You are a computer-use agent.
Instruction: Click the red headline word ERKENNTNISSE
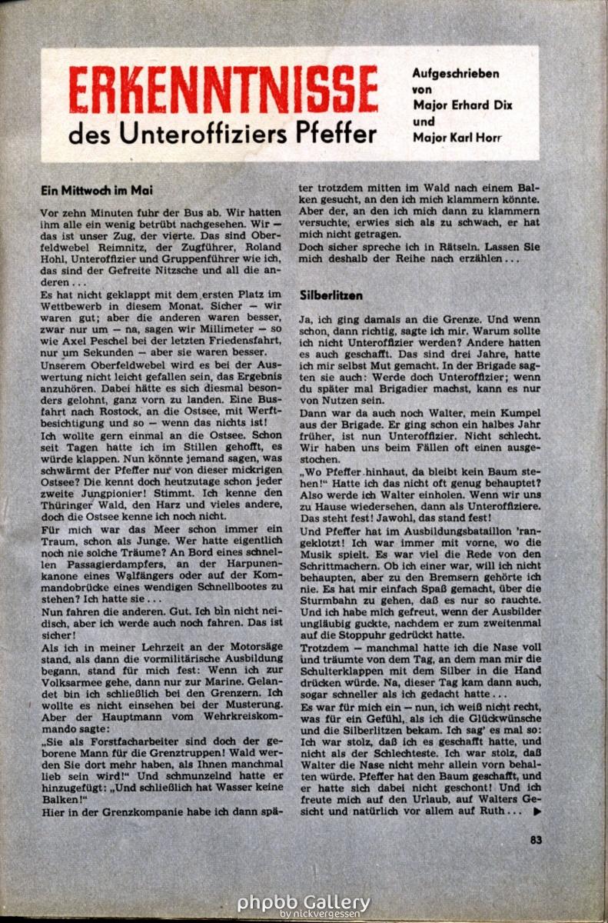coord(223,89)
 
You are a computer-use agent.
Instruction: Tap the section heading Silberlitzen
coord(330,295)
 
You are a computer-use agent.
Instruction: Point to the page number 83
coord(536,840)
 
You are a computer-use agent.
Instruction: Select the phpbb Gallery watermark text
coord(304,902)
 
